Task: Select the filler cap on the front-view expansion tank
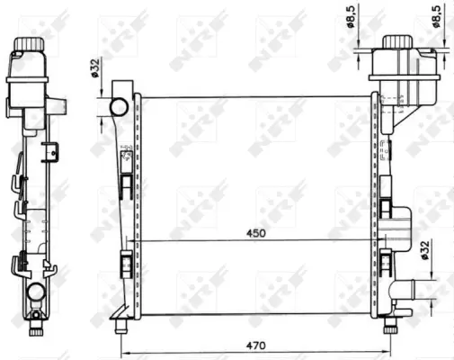[x=396, y=42]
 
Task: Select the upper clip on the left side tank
[x=127, y=184]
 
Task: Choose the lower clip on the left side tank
[x=126, y=266]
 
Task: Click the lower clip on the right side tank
[x=387, y=264]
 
